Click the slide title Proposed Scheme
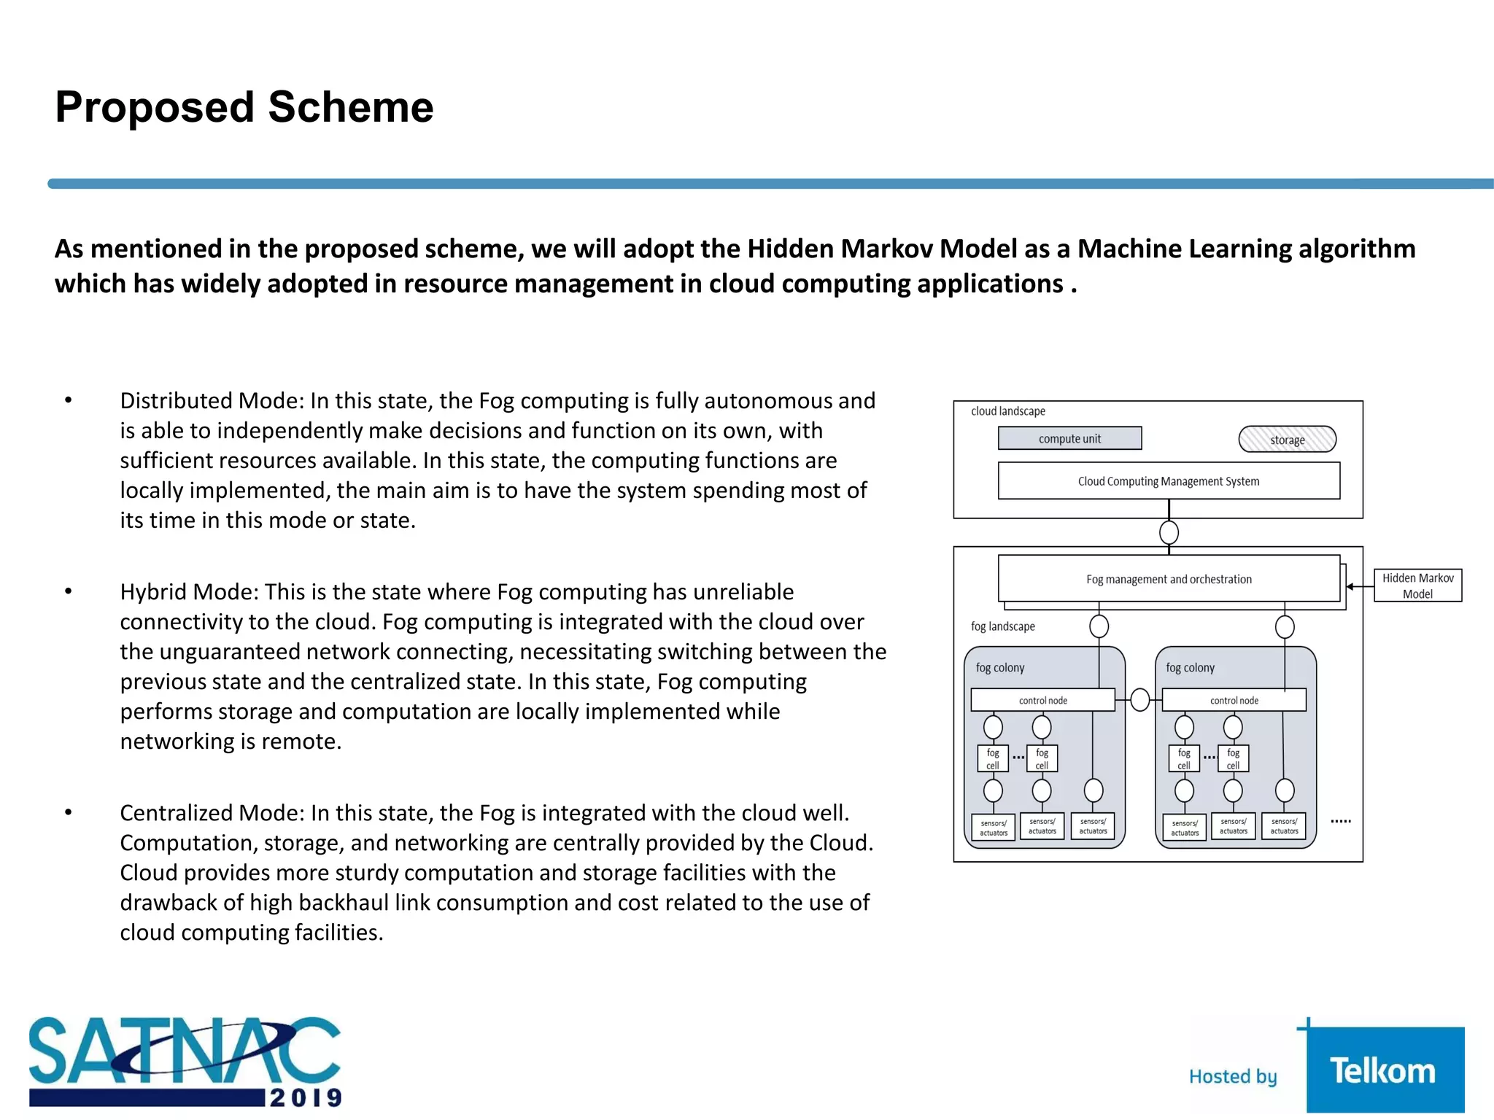click(244, 107)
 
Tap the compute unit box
click(1069, 438)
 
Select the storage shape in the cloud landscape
click(1287, 440)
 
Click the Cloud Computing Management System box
click(1168, 481)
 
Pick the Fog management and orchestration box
click(1168, 579)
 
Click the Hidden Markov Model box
click(1417, 586)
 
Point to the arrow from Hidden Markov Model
click(1360, 586)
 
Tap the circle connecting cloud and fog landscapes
click(1169, 532)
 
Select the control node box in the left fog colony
click(1042, 700)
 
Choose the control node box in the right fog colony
click(1234, 700)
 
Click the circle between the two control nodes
click(1139, 700)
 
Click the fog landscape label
click(1002, 626)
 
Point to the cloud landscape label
click(1007, 411)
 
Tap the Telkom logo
click(1383, 1070)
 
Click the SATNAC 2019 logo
click(185, 1062)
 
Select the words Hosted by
click(1233, 1076)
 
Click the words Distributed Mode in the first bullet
click(211, 401)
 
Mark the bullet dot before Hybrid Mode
click(69, 591)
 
